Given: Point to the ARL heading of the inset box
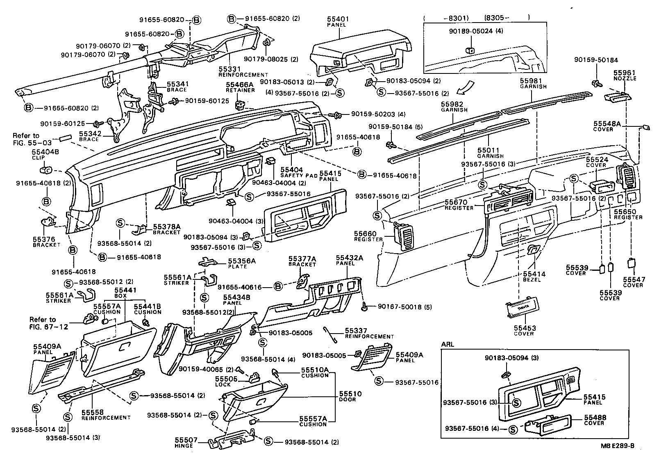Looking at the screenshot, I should (x=448, y=344).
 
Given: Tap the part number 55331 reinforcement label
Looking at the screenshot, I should (x=230, y=69).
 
